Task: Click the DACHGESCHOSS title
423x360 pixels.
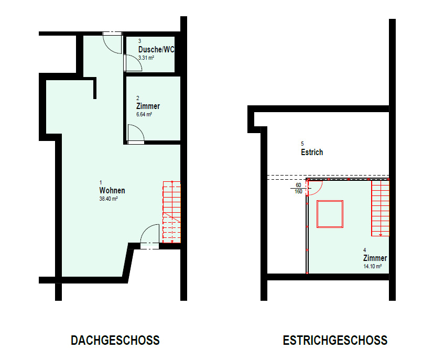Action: pos(115,340)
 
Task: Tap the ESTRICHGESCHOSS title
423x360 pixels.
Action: pos(335,340)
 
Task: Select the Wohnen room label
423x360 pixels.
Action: pos(112,190)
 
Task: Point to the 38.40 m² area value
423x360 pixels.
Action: pos(109,199)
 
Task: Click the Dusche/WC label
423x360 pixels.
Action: pos(156,49)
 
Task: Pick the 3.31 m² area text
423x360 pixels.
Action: pos(146,58)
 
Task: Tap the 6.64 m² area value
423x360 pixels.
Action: pos(144,114)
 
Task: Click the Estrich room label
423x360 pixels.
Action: pos(312,152)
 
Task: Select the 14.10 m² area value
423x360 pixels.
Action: pos(373,266)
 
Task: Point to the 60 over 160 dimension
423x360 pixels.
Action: pos(298,188)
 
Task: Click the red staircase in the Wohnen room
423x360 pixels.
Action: pos(172,212)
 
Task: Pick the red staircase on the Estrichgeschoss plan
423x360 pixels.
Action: pos(381,208)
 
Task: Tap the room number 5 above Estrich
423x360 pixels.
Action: pos(302,144)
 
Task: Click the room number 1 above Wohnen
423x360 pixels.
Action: pos(101,182)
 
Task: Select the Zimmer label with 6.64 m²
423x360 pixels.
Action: pos(148,106)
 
